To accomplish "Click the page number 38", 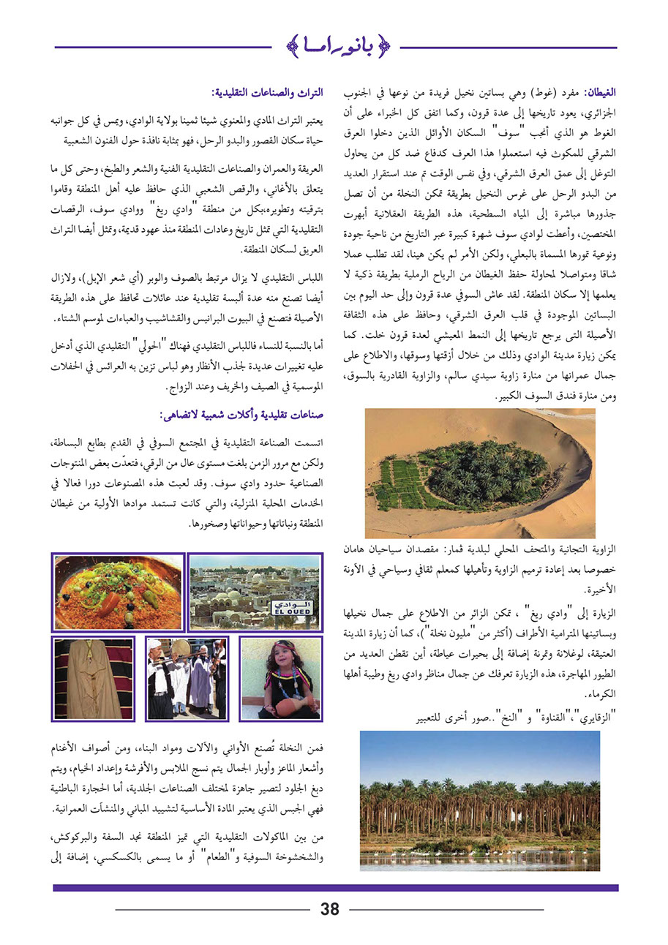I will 330,909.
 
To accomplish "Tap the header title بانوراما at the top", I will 337,48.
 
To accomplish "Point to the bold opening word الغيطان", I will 597,94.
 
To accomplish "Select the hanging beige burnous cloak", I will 91,679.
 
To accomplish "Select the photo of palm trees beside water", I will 479,800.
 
